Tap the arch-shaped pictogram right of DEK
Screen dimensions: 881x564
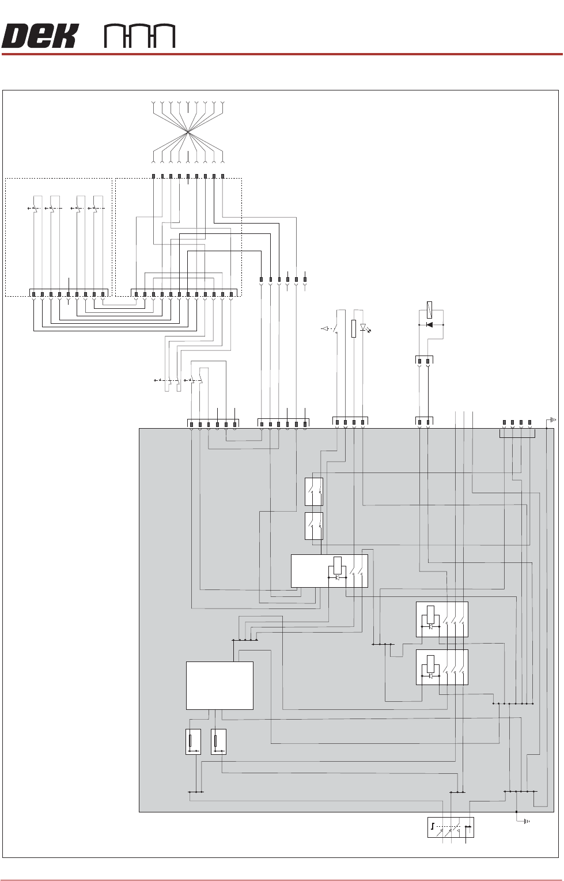139,37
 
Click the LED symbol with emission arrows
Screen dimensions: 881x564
364,328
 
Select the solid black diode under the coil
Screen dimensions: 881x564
428,324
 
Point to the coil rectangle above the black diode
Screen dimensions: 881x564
429,309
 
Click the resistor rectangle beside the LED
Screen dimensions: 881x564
354,328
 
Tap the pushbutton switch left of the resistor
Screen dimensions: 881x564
334,328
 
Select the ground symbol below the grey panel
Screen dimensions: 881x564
524,820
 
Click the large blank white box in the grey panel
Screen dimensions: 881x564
219,685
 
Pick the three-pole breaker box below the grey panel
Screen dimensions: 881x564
451,827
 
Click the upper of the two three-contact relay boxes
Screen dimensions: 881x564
442,619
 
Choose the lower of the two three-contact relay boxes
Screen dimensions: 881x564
442,667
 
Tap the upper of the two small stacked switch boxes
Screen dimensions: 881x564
313,491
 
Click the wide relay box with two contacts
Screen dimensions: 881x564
329,571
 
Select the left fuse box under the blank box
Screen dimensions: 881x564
194,742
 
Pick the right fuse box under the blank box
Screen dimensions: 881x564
218,742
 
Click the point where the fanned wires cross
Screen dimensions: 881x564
188,133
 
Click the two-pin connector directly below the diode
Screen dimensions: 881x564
424,361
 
